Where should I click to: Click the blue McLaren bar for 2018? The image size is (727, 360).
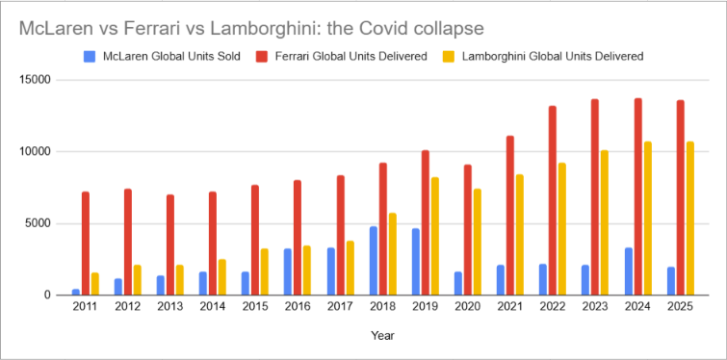374,261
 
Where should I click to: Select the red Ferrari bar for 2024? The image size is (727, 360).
638,196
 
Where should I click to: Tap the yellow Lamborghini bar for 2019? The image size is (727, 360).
435,236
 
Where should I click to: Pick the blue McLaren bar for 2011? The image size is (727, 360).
75,292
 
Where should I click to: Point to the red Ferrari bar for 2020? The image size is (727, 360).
468,230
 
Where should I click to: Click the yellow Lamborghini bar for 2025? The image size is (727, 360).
690,219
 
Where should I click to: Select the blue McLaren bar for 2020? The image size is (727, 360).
458,283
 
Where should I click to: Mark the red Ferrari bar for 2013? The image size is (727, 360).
170,244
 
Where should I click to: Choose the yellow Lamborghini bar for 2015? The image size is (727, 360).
265,272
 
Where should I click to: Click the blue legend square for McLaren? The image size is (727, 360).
90,57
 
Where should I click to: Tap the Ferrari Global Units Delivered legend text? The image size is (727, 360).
351,57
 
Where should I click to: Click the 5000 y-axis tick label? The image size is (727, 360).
39,223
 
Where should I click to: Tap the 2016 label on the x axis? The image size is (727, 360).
298,307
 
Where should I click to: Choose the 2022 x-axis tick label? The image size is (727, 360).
553,307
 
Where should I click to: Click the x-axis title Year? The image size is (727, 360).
382,335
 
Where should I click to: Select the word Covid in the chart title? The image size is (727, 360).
387,29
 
